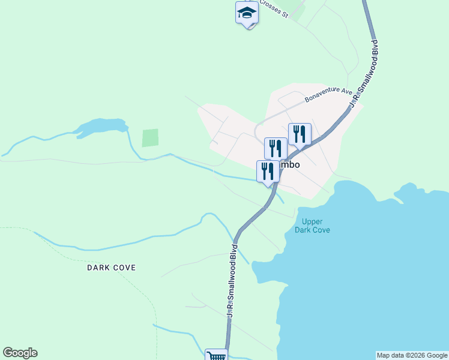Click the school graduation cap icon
coord(246,13)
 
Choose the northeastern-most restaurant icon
coord(300,134)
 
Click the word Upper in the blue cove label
coord(313,221)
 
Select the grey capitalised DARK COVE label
coord(111,268)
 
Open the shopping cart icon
coord(216,355)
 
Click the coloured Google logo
coord(20,353)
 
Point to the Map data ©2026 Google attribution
coord(412,355)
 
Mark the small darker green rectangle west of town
coord(150,138)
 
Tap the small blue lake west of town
coord(102,127)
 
